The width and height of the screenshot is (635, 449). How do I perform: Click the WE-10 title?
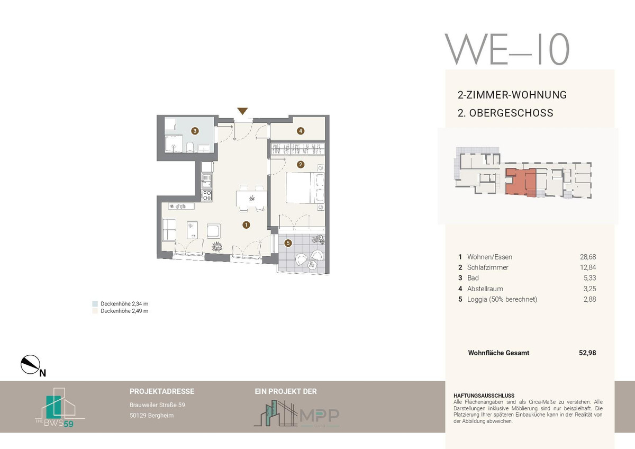point(507,49)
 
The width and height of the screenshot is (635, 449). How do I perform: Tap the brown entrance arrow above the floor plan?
point(242,111)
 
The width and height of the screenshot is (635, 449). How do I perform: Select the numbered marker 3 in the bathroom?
point(195,131)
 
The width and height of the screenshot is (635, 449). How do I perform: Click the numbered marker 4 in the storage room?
point(301,131)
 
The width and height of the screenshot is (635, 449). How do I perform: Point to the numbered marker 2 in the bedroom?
point(301,165)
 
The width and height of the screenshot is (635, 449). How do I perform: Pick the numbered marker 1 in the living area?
point(247,225)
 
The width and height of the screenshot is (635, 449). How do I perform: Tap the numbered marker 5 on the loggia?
point(288,243)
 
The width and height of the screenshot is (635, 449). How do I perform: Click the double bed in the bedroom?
point(305,187)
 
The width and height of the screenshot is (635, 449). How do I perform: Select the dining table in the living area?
point(251,199)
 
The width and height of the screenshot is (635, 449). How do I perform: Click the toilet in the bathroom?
point(189,147)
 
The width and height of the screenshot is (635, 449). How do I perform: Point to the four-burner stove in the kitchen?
point(207,196)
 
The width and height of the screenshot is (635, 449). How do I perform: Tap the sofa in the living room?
point(169,229)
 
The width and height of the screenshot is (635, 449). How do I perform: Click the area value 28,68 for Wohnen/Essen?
point(588,257)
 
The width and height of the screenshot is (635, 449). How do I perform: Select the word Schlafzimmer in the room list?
point(487,267)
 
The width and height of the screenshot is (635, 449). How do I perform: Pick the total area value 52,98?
point(587,353)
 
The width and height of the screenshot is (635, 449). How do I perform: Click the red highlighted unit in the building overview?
point(521,182)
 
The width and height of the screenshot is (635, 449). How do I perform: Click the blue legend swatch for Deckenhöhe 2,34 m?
point(95,304)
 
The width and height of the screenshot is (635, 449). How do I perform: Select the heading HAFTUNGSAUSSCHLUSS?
point(484,396)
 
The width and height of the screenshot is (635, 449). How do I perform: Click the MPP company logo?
point(296,414)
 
